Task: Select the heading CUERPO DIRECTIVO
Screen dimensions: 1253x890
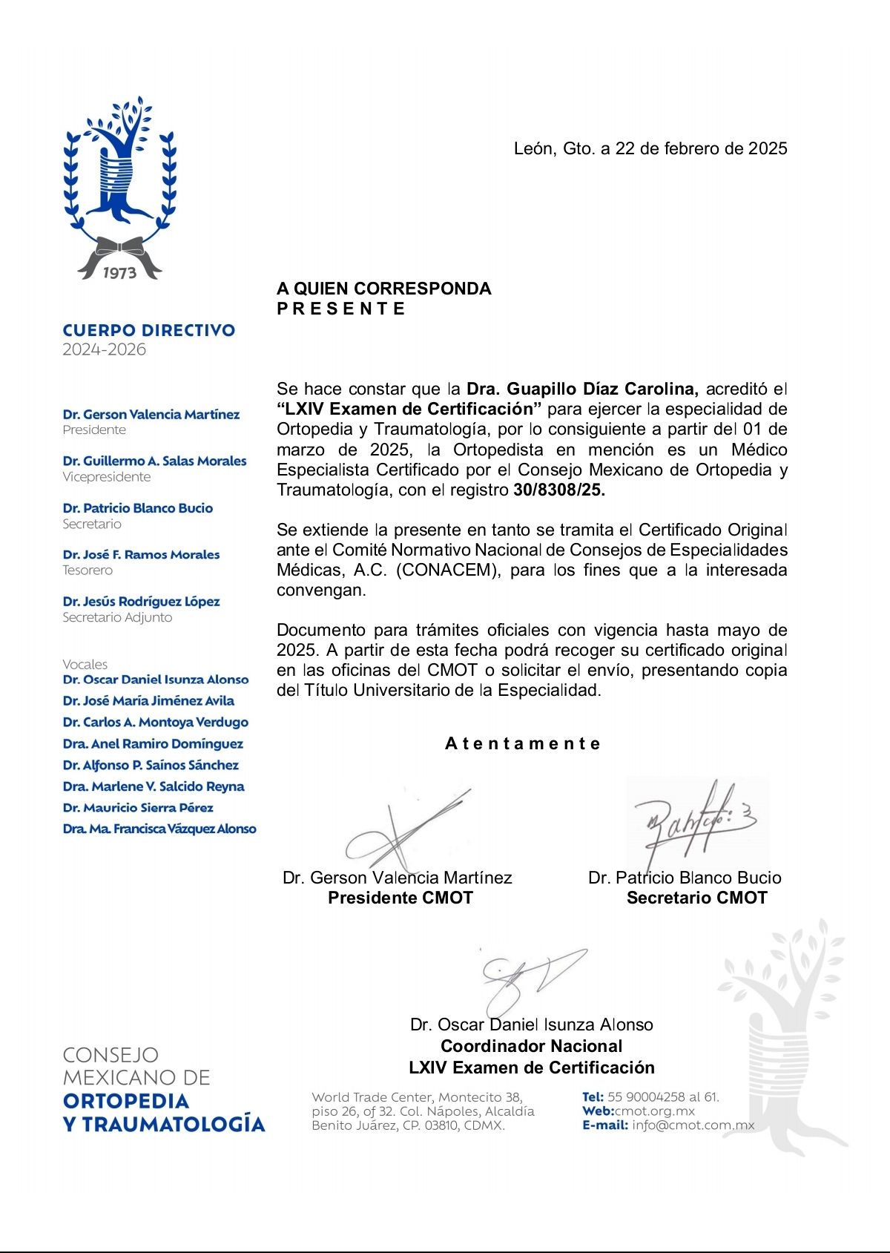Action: pyautogui.click(x=149, y=331)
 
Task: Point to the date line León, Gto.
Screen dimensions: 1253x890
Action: pyautogui.click(x=650, y=148)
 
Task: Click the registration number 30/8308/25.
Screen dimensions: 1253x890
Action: pyautogui.click(x=559, y=490)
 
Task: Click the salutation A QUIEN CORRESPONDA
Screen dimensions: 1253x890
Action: pyautogui.click(x=383, y=289)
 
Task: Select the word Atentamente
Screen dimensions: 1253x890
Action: pyautogui.click(x=523, y=743)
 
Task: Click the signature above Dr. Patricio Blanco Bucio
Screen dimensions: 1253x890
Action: pyautogui.click(x=693, y=820)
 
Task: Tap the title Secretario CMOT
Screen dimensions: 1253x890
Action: pyautogui.click(x=696, y=898)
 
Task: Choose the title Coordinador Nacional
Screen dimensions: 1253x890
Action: pyautogui.click(x=531, y=1046)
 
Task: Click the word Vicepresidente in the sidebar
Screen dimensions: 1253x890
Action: pyautogui.click(x=107, y=477)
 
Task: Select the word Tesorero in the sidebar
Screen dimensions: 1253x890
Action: pyautogui.click(x=88, y=570)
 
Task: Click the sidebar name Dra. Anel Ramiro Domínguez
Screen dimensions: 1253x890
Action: pyautogui.click(x=153, y=743)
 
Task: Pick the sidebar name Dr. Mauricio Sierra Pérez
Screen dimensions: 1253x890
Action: pyautogui.click(x=138, y=808)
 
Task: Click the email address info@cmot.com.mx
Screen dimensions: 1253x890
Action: pyautogui.click(x=693, y=1125)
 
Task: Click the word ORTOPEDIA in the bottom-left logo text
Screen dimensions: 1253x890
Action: pyautogui.click(x=126, y=1101)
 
